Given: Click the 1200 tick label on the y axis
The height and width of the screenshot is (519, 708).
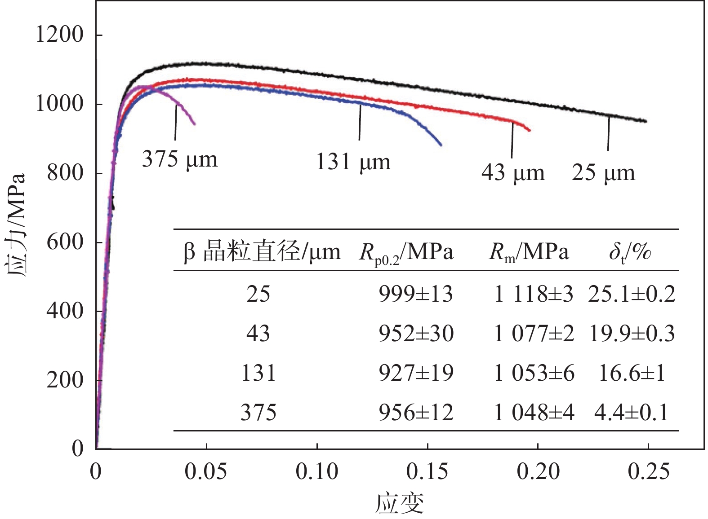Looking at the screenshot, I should tap(60, 35).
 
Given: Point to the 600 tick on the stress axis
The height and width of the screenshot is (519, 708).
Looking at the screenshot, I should tap(65, 242).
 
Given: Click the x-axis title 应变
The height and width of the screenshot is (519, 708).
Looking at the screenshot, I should tap(400, 503).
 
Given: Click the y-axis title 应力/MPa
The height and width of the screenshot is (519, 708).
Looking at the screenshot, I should tap(16, 224).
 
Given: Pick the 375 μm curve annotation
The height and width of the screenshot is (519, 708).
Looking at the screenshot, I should tap(180, 159).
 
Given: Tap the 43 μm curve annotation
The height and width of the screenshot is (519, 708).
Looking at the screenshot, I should tap(513, 172).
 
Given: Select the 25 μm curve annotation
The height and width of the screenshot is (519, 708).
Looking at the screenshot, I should tap(603, 172).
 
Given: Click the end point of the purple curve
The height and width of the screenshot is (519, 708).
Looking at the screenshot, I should tap(194, 124).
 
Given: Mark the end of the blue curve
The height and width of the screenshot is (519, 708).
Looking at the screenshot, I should tap(441, 145).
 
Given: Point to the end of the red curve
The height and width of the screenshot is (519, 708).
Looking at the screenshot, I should tap(530, 130).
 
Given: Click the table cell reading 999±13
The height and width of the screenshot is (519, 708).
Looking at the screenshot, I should tap(416, 295).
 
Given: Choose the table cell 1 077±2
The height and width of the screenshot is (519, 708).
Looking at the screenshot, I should tap(534, 334).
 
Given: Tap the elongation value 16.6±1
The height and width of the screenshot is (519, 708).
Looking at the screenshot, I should tap(632, 373).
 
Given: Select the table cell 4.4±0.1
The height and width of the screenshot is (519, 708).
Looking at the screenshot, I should tap(632, 412).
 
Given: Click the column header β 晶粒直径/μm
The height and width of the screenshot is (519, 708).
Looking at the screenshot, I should tap(262, 252).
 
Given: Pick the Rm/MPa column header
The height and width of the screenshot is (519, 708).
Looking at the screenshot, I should tap(529, 252).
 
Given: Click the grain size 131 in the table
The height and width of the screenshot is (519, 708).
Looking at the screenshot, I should tap(258, 373).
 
